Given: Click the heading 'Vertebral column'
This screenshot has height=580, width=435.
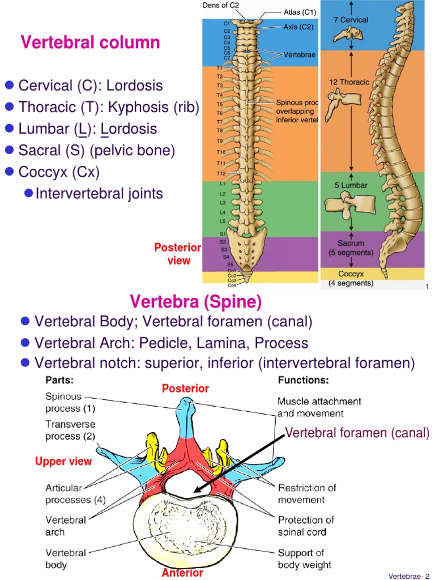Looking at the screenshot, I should [x=90, y=42].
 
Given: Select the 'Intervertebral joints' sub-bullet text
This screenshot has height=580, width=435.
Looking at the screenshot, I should [x=99, y=194].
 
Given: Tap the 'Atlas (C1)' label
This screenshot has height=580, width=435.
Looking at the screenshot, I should [x=300, y=11].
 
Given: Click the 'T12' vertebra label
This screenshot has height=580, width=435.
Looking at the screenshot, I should [x=221, y=173].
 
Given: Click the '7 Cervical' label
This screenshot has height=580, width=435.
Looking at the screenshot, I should [x=351, y=20].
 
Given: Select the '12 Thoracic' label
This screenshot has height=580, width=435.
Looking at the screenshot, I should [x=349, y=82].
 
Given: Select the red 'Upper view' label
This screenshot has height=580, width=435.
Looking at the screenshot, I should [x=63, y=462].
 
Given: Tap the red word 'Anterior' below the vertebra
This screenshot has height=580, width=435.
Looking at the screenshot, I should [x=182, y=573].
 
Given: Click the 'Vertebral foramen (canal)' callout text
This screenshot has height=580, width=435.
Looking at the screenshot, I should [x=357, y=434].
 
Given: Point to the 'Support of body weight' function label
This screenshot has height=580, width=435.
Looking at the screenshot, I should [x=305, y=558].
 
